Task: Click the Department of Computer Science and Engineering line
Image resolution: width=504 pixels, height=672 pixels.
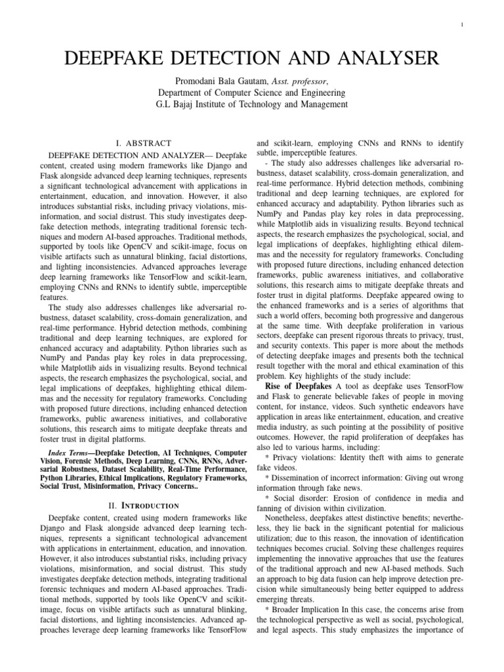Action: (252, 93)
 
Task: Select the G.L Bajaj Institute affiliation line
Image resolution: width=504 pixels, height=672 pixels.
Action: (252, 105)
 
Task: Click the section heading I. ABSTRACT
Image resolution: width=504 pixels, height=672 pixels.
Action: (142, 142)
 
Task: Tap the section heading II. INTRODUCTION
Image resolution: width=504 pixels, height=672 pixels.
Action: (142, 505)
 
